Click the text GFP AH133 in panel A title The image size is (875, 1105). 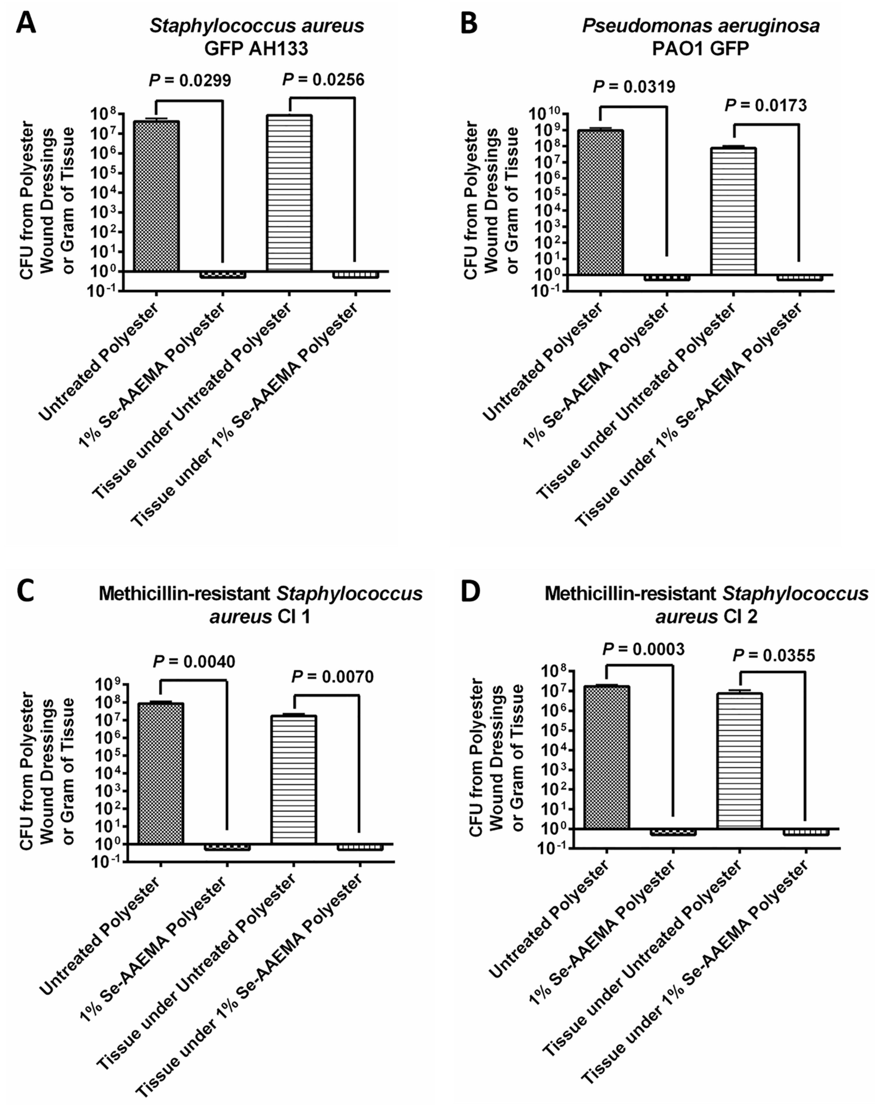[x=256, y=48]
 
